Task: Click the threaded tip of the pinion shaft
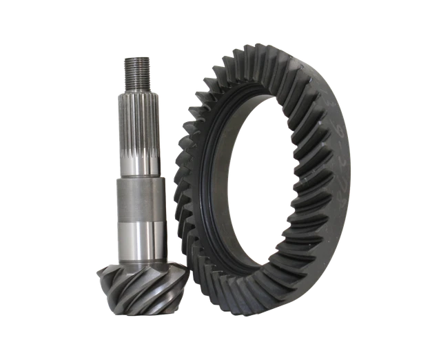(136, 70)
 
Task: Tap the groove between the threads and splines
(136, 86)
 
